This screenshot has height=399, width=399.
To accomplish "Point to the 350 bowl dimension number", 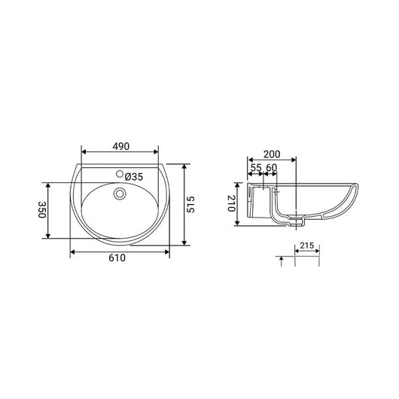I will pos(42,210).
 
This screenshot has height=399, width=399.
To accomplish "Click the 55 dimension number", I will pos(255,168).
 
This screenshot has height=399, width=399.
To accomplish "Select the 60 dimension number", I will pos(272,168).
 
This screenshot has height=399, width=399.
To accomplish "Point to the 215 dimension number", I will pos(306,245).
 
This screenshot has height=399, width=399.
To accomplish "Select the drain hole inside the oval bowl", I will pos(118,193).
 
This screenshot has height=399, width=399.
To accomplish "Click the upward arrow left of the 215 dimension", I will pos(282,260).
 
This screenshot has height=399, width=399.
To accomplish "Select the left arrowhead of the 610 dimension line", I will pos(72,251).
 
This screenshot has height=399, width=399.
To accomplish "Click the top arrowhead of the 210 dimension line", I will pos(239,184).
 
